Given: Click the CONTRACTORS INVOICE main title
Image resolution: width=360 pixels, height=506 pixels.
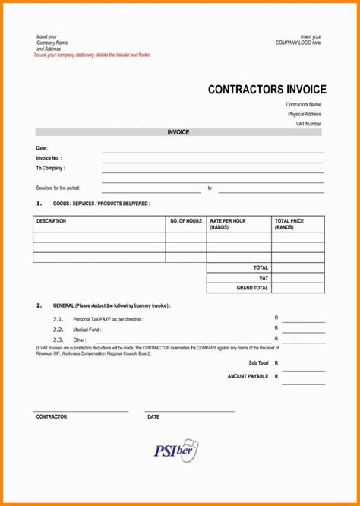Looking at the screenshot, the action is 267,90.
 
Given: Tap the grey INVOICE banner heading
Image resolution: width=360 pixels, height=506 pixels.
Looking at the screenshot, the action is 178,132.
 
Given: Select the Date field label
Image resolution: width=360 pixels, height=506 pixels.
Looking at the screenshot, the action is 42,148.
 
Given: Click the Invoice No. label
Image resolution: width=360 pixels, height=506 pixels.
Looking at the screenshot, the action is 49,158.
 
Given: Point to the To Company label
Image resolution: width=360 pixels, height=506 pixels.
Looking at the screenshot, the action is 50,168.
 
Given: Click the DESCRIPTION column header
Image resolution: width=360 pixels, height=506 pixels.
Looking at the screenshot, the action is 51,221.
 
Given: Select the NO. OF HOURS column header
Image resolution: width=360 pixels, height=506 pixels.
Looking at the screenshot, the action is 186,221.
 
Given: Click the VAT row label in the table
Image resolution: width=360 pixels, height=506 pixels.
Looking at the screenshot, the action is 264,278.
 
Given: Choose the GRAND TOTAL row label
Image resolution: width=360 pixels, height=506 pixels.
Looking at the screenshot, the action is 252,288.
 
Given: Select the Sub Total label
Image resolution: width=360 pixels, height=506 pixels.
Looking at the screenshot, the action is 258,363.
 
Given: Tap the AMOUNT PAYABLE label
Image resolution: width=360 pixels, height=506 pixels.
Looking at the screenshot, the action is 248,376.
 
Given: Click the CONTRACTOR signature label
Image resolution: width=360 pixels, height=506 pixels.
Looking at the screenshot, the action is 52,417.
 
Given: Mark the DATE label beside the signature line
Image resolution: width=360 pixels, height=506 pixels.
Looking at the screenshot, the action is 153,417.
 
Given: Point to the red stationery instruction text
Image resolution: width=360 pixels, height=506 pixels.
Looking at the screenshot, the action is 93,55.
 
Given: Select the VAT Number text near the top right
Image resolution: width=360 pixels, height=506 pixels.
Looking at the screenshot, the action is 308,123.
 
